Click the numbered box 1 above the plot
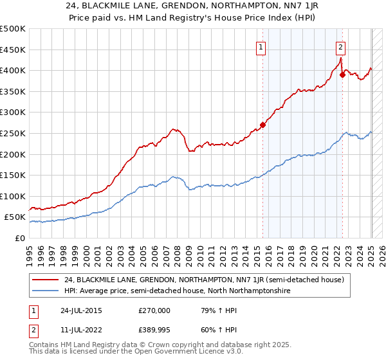point(261,46)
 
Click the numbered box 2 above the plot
point(340,46)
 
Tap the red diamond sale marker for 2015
point(263,125)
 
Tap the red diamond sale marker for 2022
point(342,75)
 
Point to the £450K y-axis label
point(13,50)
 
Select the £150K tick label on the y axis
point(13,175)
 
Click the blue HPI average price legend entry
point(177,291)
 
